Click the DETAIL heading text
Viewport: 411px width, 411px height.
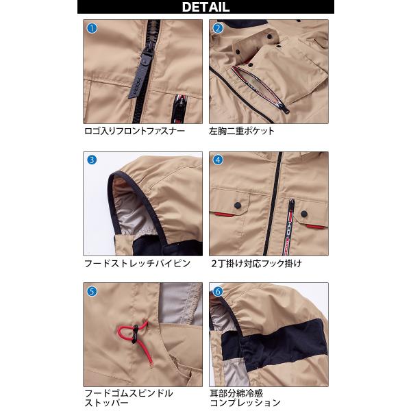(206, 7)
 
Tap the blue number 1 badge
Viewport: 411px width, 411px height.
(92, 28)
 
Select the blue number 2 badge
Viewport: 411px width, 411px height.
(218, 28)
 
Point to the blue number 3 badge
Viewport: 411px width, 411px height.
(92, 160)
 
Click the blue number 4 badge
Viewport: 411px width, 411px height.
(218, 160)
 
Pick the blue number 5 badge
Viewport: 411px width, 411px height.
(92, 292)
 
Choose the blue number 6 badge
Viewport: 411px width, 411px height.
(218, 292)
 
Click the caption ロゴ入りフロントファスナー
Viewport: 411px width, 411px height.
(135, 131)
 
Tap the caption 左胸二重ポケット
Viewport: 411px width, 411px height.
(241, 131)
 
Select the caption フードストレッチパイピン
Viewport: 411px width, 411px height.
(138, 264)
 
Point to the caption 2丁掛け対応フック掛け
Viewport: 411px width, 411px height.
(257, 264)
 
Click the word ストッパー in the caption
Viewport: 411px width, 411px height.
(106, 403)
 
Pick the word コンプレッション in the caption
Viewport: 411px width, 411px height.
(245, 403)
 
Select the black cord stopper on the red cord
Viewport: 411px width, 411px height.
(135, 334)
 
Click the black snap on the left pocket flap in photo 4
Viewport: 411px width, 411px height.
(238, 206)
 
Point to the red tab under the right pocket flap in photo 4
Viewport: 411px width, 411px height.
(314, 226)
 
